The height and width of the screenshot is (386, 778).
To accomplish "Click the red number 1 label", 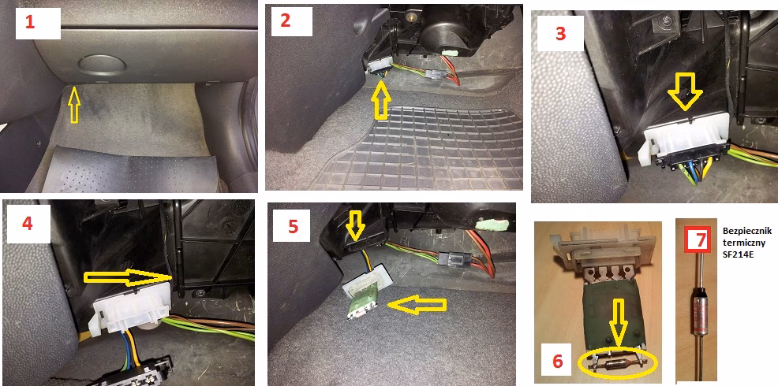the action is [x=30, y=23].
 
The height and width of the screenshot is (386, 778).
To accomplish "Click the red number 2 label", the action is [x=286, y=20].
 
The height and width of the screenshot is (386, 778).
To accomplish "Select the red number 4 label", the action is [x=28, y=224].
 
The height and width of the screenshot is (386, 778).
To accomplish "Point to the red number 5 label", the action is [x=294, y=226].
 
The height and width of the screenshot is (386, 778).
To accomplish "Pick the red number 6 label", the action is [x=558, y=362].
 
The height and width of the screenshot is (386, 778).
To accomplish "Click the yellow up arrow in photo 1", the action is [x=73, y=104].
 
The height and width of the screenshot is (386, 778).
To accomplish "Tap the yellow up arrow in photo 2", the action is [x=380, y=101].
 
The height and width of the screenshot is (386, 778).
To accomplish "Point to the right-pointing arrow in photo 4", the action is [x=129, y=278].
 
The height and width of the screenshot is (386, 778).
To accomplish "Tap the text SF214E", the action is [x=737, y=255].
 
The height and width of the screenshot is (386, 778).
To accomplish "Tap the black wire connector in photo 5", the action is [x=450, y=258].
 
